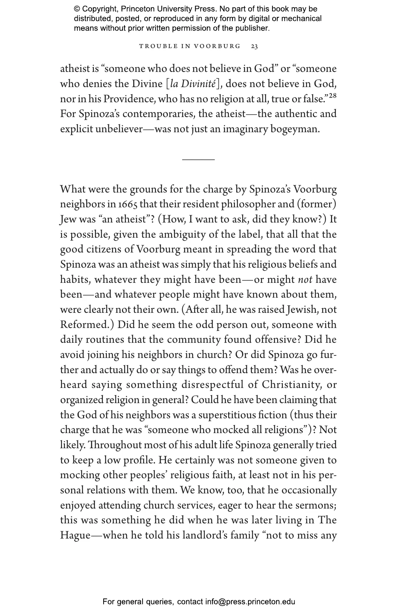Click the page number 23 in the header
pyautogui.click(x=254, y=46)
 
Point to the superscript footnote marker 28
pyautogui.click(x=332, y=96)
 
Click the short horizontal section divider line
pyautogui.click(x=198, y=159)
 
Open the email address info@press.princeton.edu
pyautogui.click(x=250, y=602)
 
